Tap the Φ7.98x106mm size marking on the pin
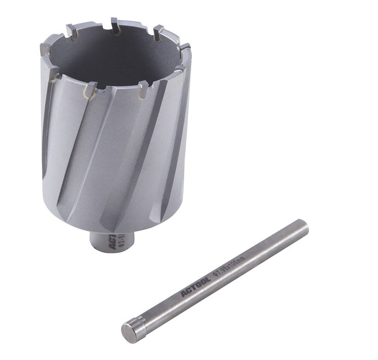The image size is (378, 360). (x=229, y=267)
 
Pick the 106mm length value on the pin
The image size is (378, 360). (x=238, y=263)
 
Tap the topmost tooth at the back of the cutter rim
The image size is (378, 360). (x=115, y=25)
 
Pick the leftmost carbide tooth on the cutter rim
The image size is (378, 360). (x=45, y=49)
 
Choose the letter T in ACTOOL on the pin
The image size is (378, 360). (x=193, y=288)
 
